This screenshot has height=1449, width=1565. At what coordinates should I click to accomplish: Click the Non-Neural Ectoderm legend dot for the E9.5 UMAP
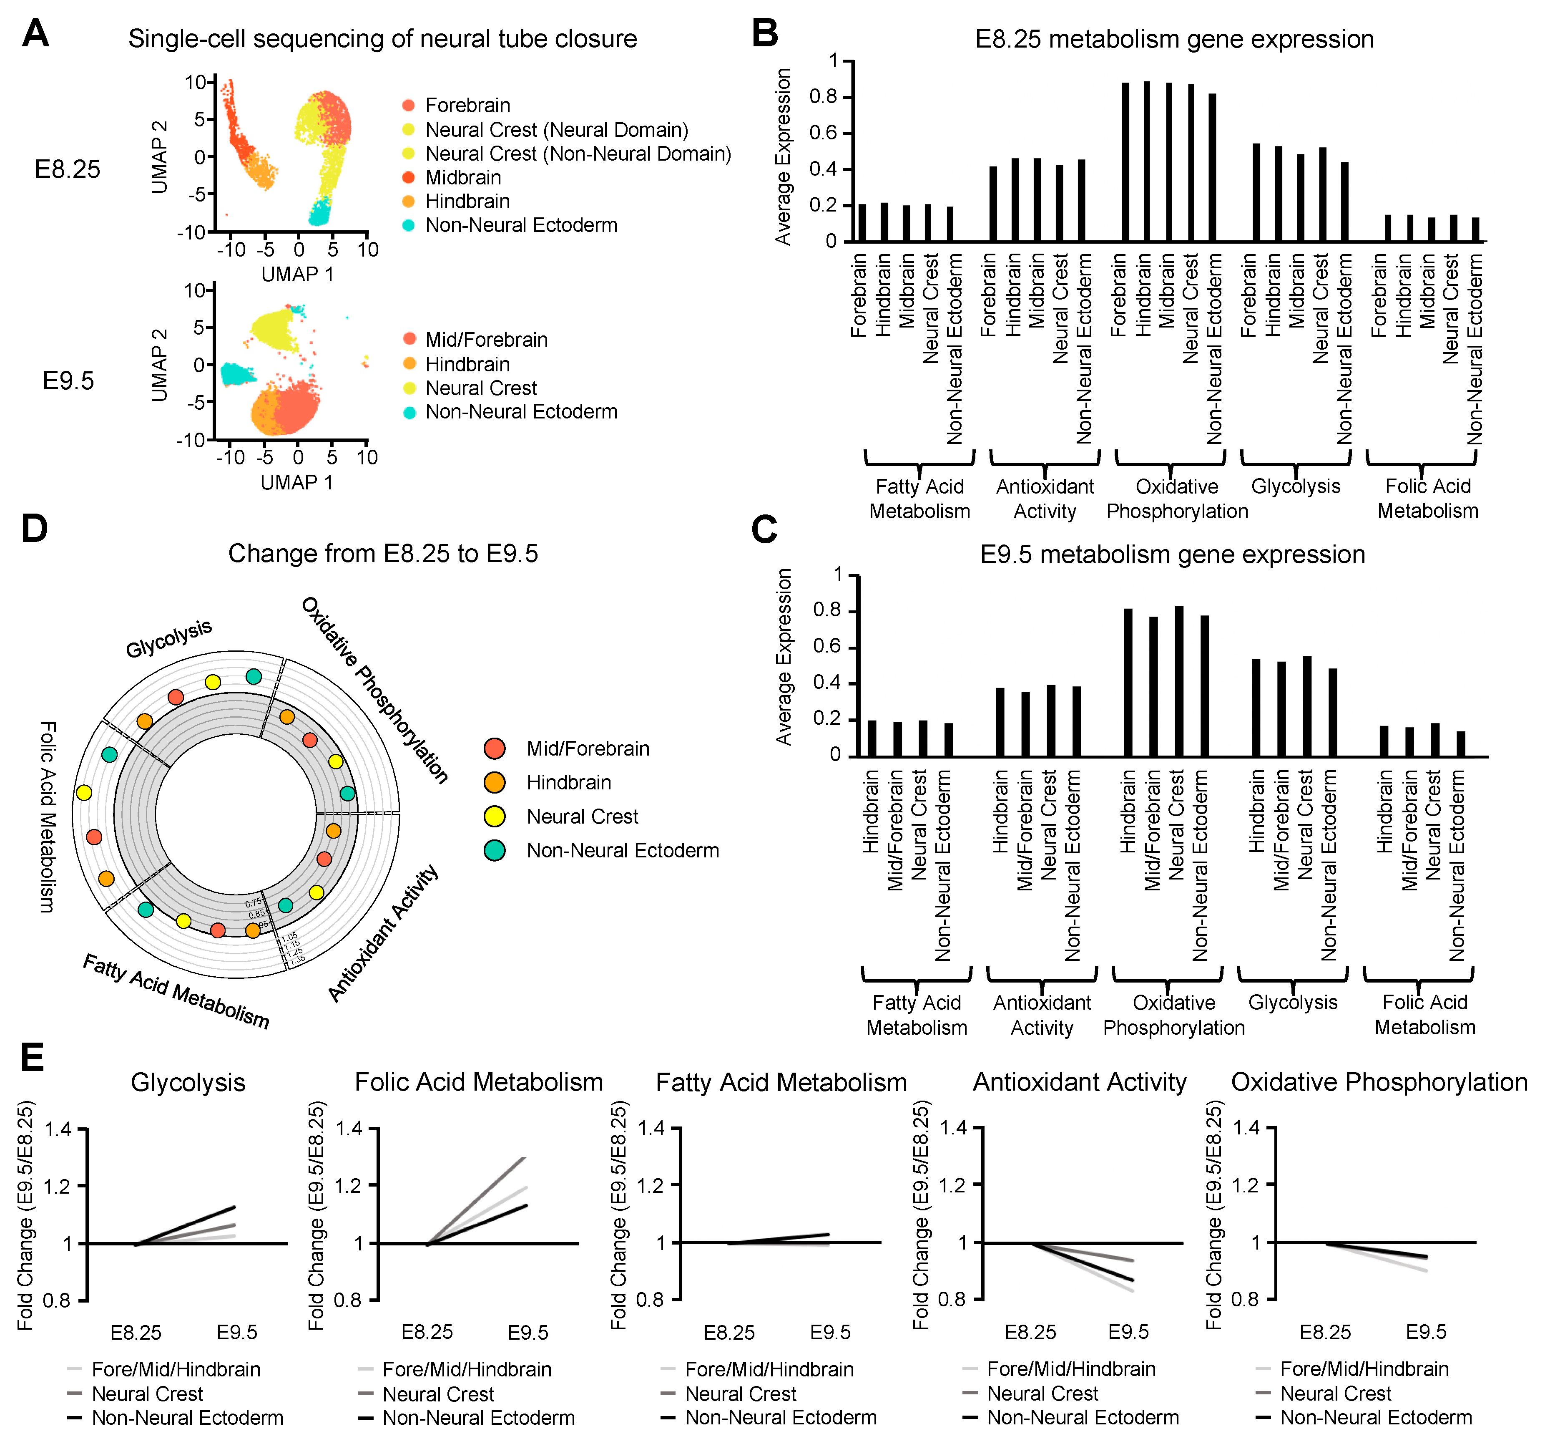click(x=409, y=413)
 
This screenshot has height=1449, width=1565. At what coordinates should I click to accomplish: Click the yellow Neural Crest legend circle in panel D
click(x=495, y=816)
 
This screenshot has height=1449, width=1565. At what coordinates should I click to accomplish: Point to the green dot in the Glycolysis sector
click(x=253, y=676)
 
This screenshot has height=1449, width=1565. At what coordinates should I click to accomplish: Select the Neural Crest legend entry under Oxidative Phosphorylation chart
click(x=1334, y=1394)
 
